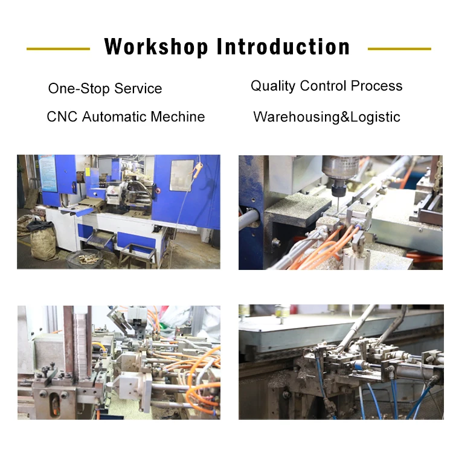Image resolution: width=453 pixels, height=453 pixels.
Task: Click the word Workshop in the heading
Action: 156,47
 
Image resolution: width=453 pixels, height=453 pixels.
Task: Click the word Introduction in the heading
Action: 283,47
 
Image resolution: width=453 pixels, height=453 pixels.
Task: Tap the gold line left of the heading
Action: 58,49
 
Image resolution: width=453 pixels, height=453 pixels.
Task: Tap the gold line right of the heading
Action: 399,49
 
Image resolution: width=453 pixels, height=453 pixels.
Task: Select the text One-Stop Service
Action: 105,89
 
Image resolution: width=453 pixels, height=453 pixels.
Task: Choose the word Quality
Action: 273,86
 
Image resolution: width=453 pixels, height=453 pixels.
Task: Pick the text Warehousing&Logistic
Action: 327,117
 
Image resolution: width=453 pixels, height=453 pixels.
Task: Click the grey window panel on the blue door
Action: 181,175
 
